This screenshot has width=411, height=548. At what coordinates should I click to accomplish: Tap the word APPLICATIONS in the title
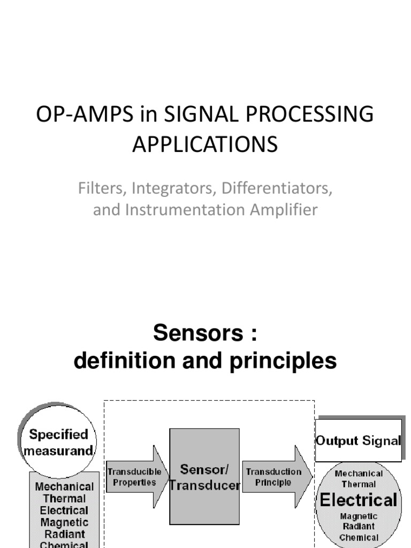(x=205, y=144)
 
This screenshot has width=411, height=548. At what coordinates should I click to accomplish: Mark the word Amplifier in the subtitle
(x=284, y=210)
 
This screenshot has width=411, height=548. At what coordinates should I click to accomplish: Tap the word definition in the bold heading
(x=124, y=362)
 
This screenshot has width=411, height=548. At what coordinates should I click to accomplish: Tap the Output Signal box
(x=358, y=440)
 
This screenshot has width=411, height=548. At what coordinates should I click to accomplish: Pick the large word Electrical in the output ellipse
(x=359, y=500)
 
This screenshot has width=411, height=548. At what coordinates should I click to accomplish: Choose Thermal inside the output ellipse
(x=359, y=484)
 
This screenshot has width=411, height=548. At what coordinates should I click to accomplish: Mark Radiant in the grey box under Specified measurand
(x=64, y=534)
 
